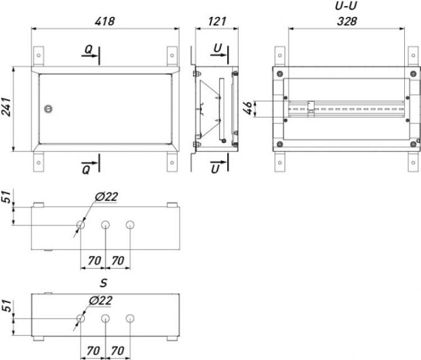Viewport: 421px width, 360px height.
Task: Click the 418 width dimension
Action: click(x=105, y=22)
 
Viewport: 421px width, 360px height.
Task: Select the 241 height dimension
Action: click(x=7, y=107)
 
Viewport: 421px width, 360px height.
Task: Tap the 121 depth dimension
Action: click(x=217, y=22)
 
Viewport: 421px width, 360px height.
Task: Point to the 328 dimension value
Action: click(x=347, y=22)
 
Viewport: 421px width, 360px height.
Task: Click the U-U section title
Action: click(x=346, y=6)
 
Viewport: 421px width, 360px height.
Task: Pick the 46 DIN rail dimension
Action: click(x=248, y=108)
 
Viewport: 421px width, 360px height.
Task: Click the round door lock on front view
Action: click(x=48, y=109)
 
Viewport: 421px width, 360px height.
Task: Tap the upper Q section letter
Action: click(x=88, y=49)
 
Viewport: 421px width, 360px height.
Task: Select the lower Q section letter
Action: click(x=86, y=169)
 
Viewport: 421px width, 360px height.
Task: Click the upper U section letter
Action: click(x=218, y=48)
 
